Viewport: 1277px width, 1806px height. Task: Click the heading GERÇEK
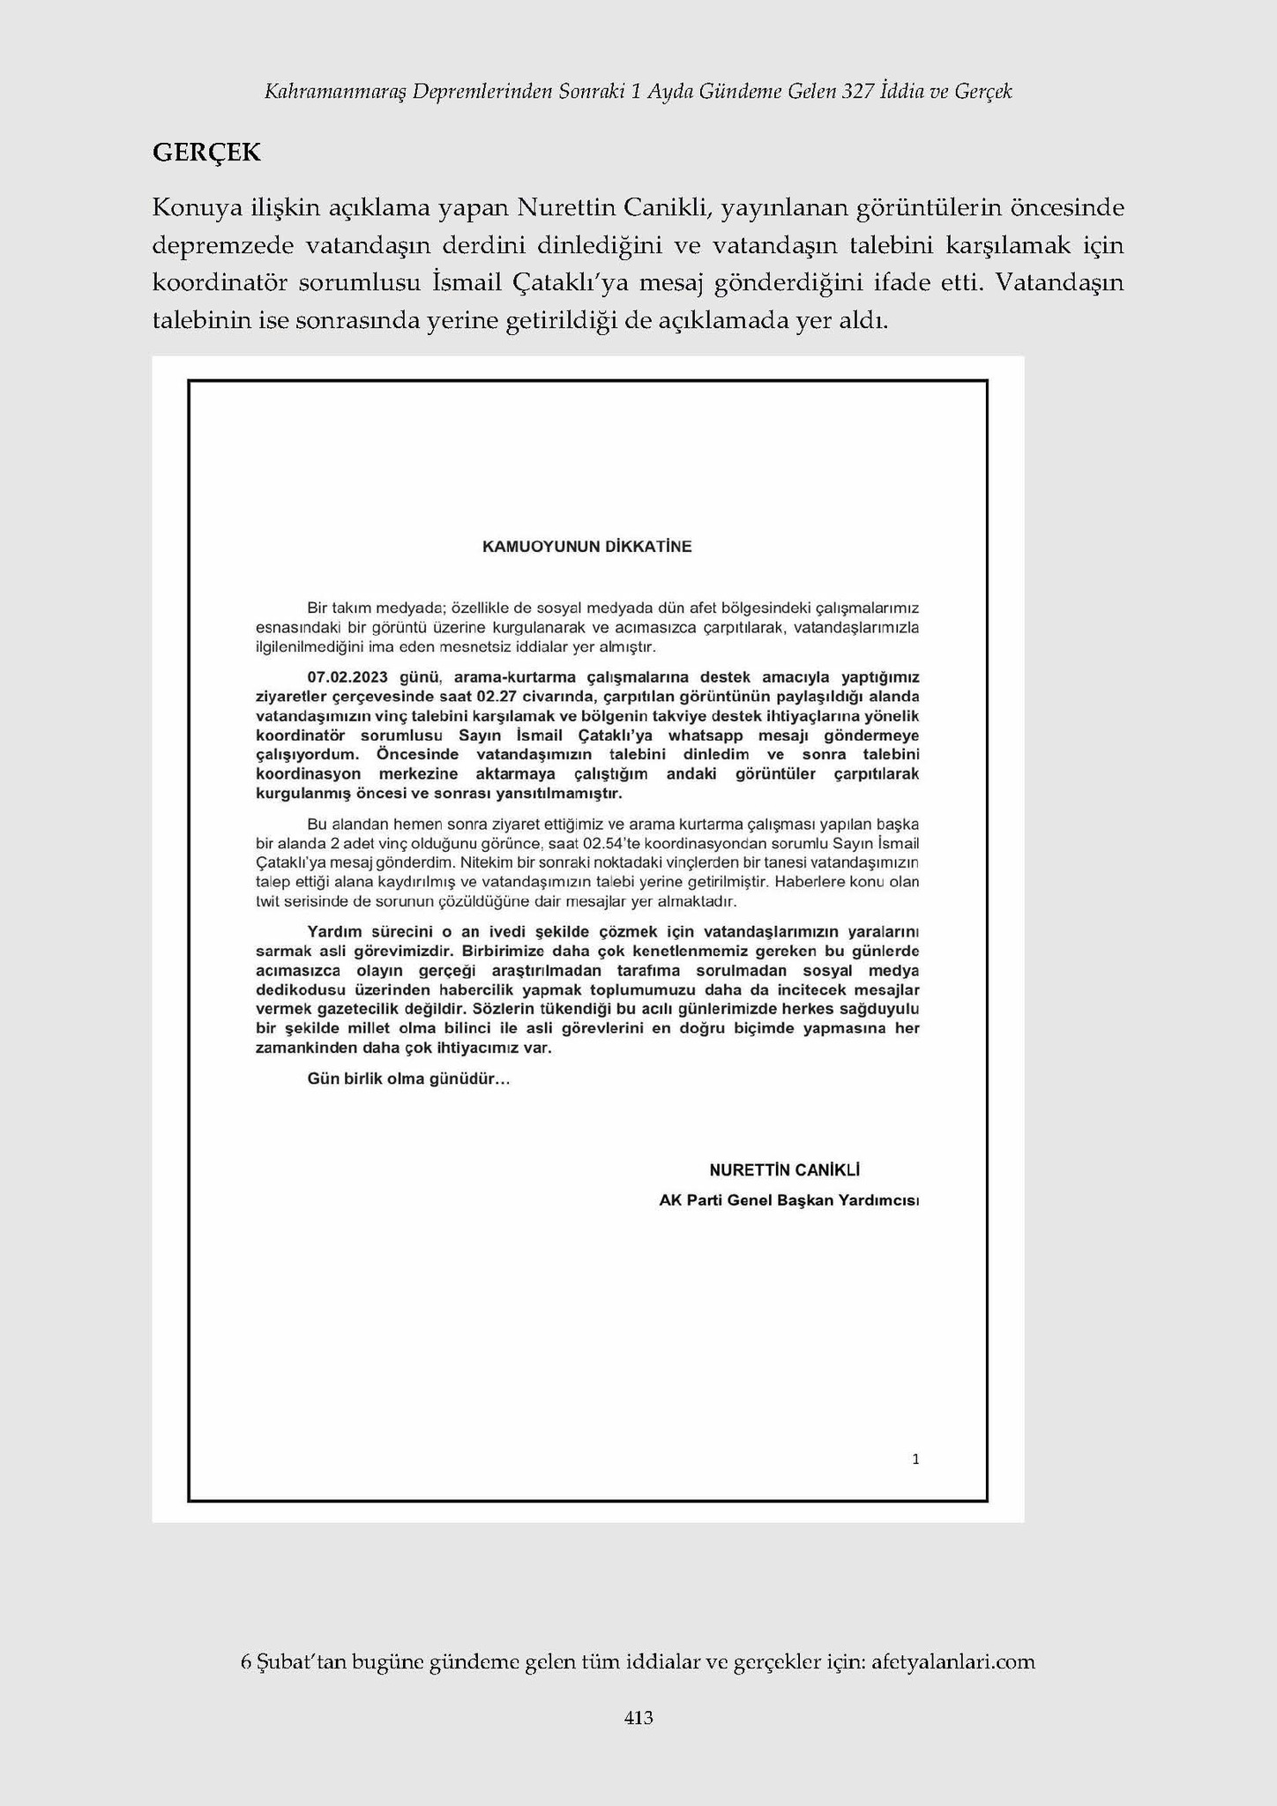(206, 153)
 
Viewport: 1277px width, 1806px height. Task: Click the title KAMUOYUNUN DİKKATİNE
(586, 547)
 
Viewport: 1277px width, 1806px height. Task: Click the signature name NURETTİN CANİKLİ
(784, 1170)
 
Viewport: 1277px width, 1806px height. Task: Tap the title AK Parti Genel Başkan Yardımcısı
(788, 1201)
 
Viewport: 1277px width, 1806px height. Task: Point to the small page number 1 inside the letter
(915, 1459)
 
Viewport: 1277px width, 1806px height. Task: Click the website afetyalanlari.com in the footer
(952, 1662)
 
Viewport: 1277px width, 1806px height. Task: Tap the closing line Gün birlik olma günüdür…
(408, 1079)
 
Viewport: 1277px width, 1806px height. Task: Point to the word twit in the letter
(266, 903)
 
